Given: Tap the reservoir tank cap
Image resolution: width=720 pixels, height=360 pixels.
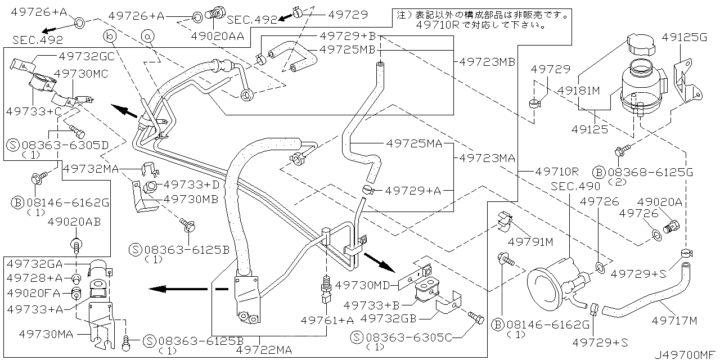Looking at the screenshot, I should [x=642, y=45].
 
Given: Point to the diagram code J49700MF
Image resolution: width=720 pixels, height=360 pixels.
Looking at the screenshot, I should [x=685, y=354].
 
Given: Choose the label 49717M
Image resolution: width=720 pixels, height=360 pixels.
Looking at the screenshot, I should [x=674, y=321].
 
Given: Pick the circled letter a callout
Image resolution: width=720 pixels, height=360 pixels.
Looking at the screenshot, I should [x=147, y=37].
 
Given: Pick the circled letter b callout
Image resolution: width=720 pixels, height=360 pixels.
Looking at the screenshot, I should [x=110, y=37].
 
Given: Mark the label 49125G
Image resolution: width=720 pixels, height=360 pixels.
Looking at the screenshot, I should [x=684, y=38].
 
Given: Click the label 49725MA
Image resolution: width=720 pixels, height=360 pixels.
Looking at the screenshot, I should [x=415, y=144].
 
